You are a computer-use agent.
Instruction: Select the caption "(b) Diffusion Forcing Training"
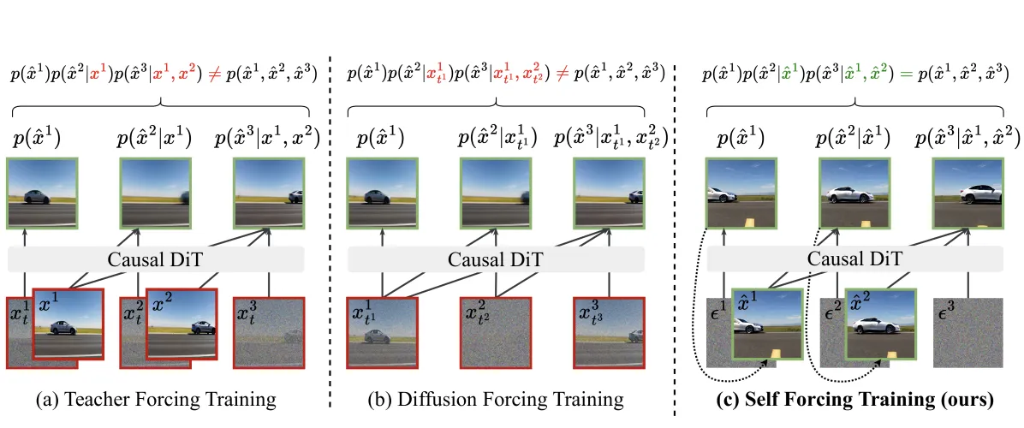(497, 397)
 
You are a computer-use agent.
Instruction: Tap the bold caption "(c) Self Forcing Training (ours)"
(854, 397)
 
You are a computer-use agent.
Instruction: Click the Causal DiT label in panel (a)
(156, 259)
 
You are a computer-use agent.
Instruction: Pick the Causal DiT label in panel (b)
(496, 259)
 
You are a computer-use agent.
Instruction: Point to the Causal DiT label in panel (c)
(854, 259)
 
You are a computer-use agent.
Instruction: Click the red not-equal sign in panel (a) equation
(215, 74)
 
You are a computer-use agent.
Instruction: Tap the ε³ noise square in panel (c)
(967, 332)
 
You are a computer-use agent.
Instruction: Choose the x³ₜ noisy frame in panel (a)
(268, 332)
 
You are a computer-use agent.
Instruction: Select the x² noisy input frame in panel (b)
(495, 332)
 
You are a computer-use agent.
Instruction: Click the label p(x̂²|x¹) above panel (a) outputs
(155, 139)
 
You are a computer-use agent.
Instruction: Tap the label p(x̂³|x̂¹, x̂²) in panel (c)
(967, 139)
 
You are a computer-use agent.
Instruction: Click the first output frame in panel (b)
(382, 193)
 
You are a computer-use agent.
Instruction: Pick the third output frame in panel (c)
(967, 193)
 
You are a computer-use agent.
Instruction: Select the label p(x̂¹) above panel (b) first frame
(381, 139)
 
